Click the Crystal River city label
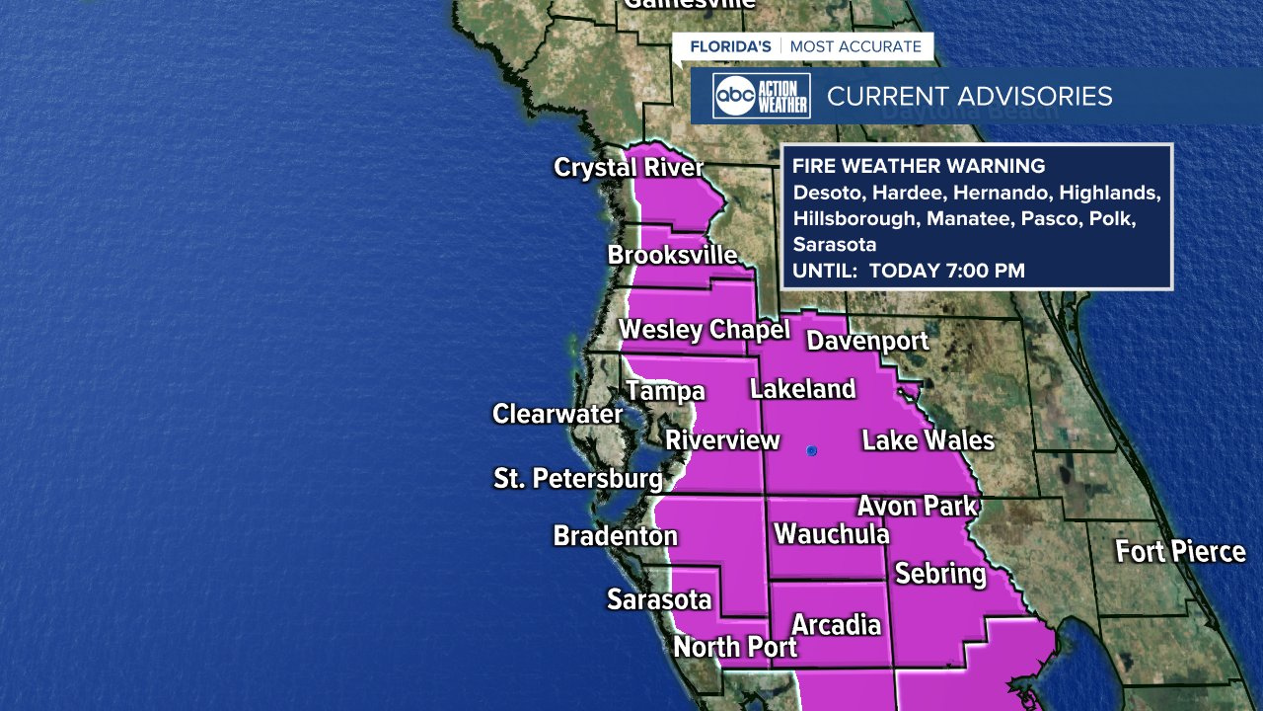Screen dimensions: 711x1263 629,167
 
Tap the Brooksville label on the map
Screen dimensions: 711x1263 672,255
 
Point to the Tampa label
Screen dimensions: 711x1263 666,391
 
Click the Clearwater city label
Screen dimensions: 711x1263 557,414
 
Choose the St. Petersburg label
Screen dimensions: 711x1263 578,479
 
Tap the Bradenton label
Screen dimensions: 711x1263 615,536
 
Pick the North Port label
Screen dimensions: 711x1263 735,648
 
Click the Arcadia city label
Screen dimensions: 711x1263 836,624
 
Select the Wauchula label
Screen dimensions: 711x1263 832,534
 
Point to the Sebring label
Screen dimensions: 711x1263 939,573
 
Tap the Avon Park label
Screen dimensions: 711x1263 917,506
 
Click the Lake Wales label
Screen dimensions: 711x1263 928,439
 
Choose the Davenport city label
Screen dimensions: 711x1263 867,341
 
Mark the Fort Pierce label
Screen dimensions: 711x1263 1180,551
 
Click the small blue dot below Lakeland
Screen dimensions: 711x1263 811,451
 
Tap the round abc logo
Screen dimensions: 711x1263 735,96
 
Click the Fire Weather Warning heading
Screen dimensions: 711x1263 918,166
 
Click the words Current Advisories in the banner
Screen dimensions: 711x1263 969,96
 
